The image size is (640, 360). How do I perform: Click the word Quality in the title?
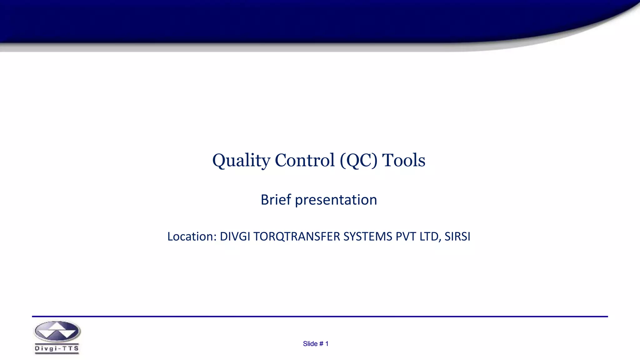[241, 161]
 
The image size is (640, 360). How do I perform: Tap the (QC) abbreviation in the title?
[358, 161]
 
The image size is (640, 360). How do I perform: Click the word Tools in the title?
[403, 161]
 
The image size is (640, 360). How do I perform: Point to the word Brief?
[276, 200]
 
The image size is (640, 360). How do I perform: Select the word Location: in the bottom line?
[192, 237]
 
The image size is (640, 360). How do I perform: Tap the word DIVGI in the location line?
[235, 237]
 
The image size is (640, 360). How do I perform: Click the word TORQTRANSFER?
[297, 237]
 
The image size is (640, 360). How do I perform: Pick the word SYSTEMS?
[367, 237]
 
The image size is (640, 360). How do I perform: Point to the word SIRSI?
[457, 237]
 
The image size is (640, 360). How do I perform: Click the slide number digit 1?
[327, 344]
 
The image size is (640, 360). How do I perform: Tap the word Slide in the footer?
[310, 344]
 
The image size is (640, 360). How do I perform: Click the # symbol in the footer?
[321, 344]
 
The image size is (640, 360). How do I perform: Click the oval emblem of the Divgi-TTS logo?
[57, 332]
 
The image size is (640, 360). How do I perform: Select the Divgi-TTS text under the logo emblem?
[57, 349]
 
